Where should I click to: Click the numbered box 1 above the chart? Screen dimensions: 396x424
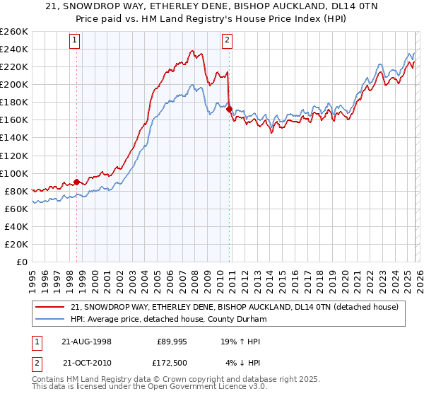point(74,40)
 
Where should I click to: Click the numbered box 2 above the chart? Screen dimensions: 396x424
point(227,40)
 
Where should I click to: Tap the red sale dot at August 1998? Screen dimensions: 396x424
point(77,182)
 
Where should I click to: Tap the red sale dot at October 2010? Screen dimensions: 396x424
point(229,109)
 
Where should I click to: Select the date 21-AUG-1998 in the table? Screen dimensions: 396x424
point(87,342)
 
